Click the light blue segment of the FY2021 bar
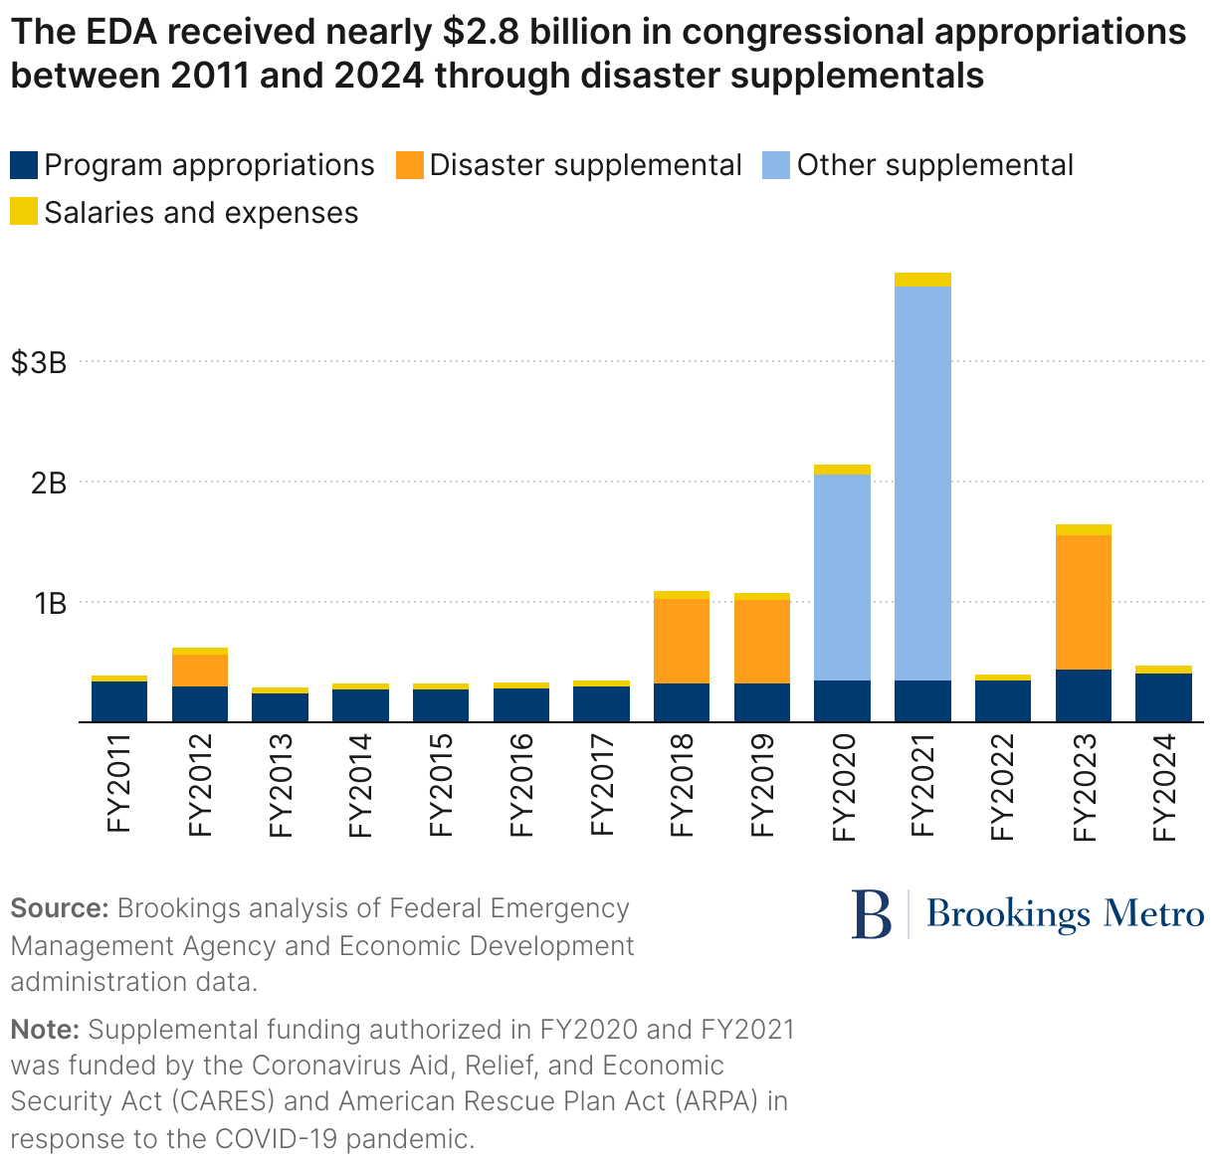pyautogui.click(x=922, y=483)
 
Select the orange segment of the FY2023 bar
pyautogui.click(x=1084, y=602)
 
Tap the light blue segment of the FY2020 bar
pyautogui.click(x=842, y=577)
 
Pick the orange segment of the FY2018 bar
pyautogui.click(x=682, y=641)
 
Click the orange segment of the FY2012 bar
pyautogui.click(x=200, y=670)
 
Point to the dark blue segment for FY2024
pyautogui.click(x=1163, y=697)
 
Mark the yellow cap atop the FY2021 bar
pyautogui.click(x=922, y=280)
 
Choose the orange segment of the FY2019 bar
pyautogui.click(x=762, y=642)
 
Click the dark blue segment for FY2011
pyautogui.click(x=119, y=701)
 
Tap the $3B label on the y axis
pyautogui.click(x=39, y=363)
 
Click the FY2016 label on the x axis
pyautogui.click(x=521, y=785)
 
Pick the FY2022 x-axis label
pyautogui.click(x=1003, y=785)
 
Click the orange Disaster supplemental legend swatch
pyautogui.click(x=409, y=165)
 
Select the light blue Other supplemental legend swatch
pyautogui.click(x=776, y=165)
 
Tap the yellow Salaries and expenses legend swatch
pyautogui.click(x=24, y=212)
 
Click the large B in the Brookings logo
pyautogui.click(x=872, y=914)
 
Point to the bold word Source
pyautogui.click(x=59, y=908)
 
